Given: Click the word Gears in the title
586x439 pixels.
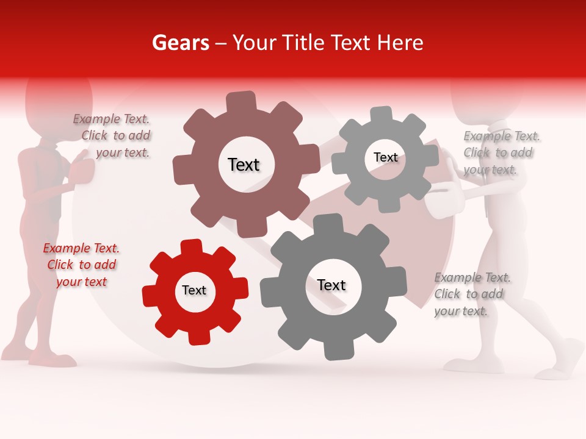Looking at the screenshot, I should [x=180, y=43].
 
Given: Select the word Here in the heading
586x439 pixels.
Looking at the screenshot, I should [x=400, y=43].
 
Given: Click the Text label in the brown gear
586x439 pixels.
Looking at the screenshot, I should [x=244, y=165].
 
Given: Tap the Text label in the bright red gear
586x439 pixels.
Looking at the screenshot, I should [x=194, y=290].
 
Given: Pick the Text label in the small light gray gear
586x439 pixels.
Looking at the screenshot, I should [x=385, y=157].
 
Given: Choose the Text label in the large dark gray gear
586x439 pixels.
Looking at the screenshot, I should [x=331, y=285].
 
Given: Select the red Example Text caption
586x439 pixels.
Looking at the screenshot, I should [x=81, y=265].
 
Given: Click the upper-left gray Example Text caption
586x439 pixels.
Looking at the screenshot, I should [x=112, y=135].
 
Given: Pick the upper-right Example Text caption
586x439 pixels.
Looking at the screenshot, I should [x=501, y=152].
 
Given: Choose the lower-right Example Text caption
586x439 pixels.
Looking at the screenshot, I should [x=471, y=294].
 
